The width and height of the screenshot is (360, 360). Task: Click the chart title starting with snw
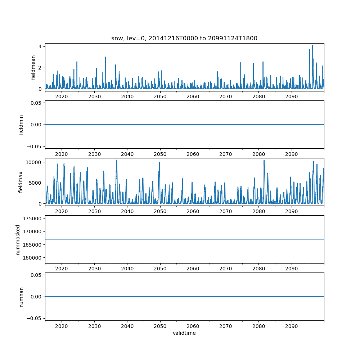pos(184,39)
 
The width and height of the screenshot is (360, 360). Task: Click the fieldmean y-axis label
pos(33,67)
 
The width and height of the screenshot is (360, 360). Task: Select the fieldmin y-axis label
pos(21,125)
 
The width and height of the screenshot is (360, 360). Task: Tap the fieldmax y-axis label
pos(21,182)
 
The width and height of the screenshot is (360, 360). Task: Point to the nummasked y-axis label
pos(18,239)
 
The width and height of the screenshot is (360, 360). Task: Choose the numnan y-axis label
pos(21,297)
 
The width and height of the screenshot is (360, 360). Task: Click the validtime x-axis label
pos(184,333)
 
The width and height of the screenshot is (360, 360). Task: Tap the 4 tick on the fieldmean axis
pos(41,46)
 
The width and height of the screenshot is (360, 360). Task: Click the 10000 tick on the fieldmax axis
pos(34,162)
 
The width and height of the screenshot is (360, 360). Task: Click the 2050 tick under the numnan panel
pos(160,326)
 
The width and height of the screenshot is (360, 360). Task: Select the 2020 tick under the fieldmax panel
pos(62,211)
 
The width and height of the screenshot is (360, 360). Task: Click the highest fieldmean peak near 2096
pos(312,46)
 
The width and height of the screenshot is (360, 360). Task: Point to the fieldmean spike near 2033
pos(105,57)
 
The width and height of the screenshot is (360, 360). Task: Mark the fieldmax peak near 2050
pos(159,162)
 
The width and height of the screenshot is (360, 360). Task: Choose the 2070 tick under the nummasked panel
pos(226,269)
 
